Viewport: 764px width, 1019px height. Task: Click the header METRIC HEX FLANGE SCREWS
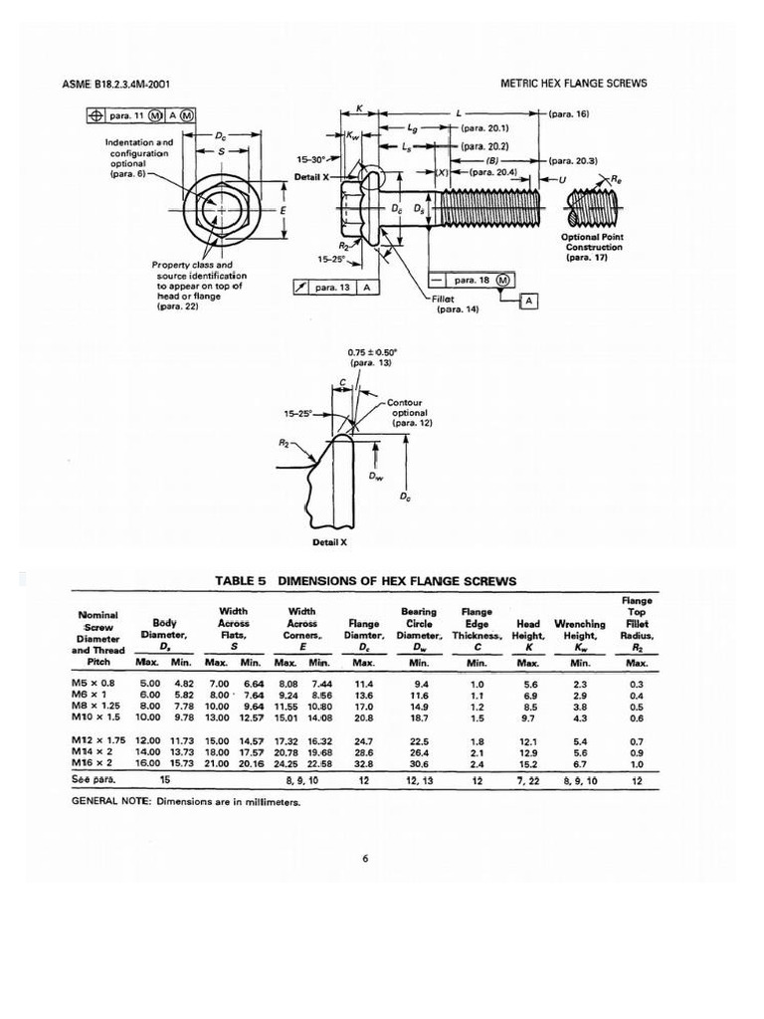pos(573,84)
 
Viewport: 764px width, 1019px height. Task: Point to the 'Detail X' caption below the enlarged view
pos(329,541)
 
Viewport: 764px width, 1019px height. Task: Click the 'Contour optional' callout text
pos(409,412)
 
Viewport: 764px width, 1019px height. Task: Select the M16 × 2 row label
pos(94,763)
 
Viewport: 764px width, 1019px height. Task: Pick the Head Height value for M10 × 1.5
pos(528,716)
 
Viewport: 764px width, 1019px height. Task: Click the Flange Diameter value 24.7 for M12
pos(364,741)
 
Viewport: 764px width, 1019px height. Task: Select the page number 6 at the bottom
pos(366,861)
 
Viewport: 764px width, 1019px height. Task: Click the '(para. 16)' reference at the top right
pos(570,113)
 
